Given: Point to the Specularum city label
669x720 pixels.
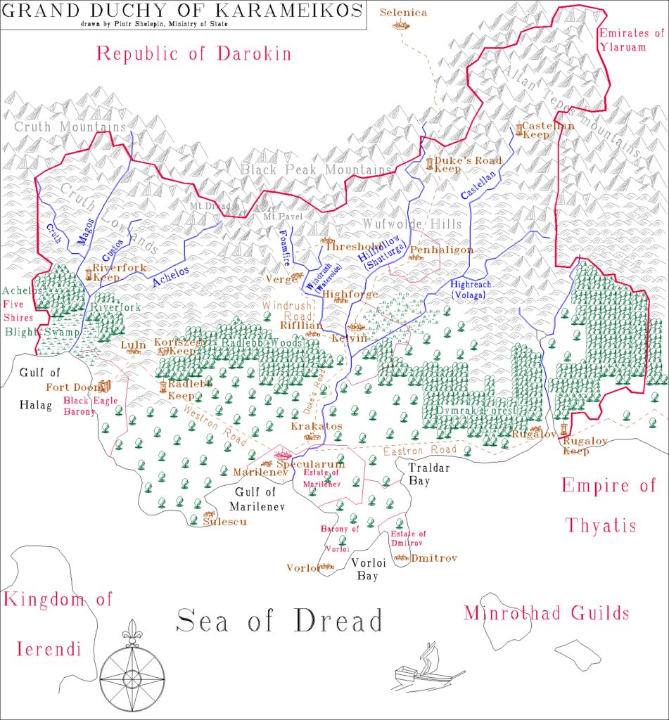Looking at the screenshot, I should (x=310, y=465).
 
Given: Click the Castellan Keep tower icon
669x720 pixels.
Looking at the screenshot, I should (x=519, y=129).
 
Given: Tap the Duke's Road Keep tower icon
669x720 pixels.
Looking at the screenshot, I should (x=429, y=165).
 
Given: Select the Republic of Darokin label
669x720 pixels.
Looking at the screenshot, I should (x=193, y=54).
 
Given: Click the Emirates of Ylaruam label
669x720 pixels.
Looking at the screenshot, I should (x=630, y=39).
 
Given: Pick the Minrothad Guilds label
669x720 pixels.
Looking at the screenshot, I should (x=546, y=614).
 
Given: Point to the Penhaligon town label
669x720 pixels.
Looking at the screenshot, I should (x=442, y=250).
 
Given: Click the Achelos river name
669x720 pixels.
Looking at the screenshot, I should (x=171, y=279).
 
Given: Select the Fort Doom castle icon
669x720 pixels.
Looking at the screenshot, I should (x=106, y=386).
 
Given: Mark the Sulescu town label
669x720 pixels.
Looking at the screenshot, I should (x=225, y=522).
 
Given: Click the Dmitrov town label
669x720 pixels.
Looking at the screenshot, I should (x=435, y=558).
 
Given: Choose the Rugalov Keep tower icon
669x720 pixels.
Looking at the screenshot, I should (x=565, y=430).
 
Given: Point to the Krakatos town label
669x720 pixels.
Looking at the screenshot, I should (x=317, y=426).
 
